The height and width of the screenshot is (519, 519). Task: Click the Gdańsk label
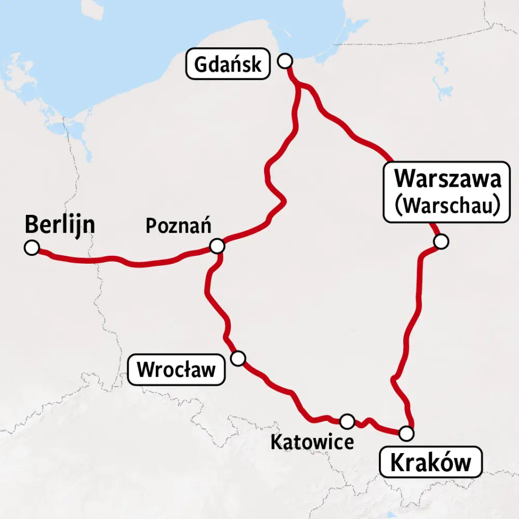227,64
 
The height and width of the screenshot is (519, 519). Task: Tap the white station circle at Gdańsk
284,61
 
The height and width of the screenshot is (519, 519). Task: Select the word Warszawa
448,180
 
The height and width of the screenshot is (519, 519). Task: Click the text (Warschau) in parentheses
447,204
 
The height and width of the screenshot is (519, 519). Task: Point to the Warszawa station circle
441,241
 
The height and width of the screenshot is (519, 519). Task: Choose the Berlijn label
60,225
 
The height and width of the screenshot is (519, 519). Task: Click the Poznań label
177,226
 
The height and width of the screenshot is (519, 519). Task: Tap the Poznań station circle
217,245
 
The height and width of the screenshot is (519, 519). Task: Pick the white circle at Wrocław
238,358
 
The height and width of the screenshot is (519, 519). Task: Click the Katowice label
312,442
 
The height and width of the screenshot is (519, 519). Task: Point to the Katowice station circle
347,420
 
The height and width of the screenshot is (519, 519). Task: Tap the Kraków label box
431,462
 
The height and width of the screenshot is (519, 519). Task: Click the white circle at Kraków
407,432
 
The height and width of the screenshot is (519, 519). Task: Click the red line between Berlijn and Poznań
125,261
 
